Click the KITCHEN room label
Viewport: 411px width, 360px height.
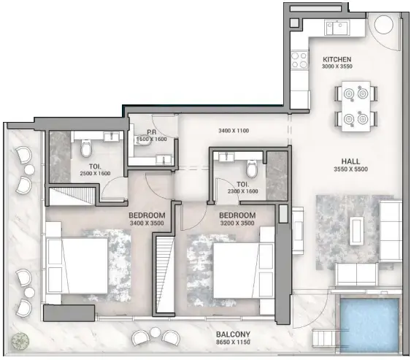click(x=337, y=59)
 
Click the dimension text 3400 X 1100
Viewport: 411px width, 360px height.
click(x=234, y=131)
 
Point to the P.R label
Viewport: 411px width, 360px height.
click(x=153, y=132)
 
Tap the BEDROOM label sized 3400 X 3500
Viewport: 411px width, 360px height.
click(x=146, y=215)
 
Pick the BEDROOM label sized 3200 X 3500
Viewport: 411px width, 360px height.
click(x=237, y=215)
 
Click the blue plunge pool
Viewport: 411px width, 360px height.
click(x=372, y=322)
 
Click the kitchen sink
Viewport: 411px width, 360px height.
click(x=337, y=28)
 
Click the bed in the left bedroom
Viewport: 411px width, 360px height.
click(x=67, y=263)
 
